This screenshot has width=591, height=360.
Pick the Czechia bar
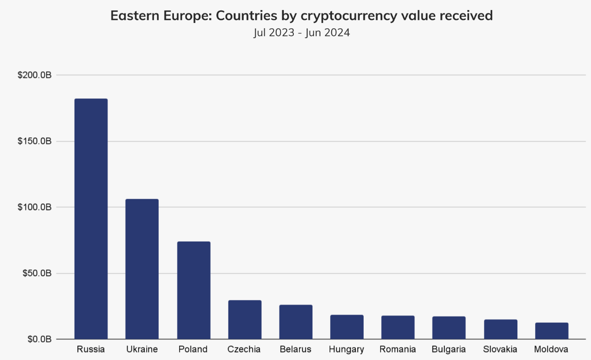pyautogui.click(x=245, y=319)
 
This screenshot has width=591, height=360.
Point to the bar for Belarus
pyautogui.click(x=296, y=322)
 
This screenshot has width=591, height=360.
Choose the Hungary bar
pyautogui.click(x=347, y=327)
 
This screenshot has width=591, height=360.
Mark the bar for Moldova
pyautogui.click(x=552, y=331)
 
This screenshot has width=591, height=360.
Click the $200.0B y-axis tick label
pyautogui.click(x=34, y=75)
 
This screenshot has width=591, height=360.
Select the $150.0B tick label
pyautogui.click(x=34, y=141)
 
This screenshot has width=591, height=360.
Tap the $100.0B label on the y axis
pyautogui.click(x=34, y=207)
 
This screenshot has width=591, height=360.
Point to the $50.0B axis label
pyautogui.click(x=36, y=274)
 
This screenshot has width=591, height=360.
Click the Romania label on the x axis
pyautogui.click(x=398, y=349)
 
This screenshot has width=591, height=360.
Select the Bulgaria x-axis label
pyautogui.click(x=449, y=349)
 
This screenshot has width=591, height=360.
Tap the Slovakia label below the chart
pyautogui.click(x=500, y=349)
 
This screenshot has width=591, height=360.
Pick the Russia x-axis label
pyautogui.click(x=91, y=349)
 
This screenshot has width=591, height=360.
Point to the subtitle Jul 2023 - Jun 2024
pyautogui.click(x=302, y=33)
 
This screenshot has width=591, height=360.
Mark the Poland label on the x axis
pyautogui.click(x=193, y=349)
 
